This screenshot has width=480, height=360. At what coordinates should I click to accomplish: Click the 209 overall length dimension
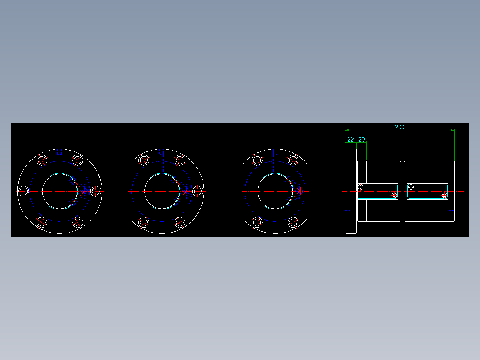pyautogui.click(x=399, y=127)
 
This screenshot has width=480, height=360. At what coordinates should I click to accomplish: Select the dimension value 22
pyautogui.click(x=350, y=139)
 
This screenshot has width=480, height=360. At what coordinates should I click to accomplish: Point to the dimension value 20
pyautogui.click(x=362, y=139)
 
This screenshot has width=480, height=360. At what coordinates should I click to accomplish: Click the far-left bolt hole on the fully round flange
pyautogui.click(x=24, y=191)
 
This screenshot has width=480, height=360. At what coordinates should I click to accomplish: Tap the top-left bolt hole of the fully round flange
pyautogui.click(x=42, y=160)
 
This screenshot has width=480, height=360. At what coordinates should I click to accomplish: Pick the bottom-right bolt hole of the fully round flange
pyautogui.click(x=78, y=222)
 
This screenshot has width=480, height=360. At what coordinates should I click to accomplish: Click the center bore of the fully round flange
pyautogui.click(x=60, y=191)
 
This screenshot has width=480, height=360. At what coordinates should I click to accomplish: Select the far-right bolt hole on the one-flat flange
pyautogui.click(x=197, y=191)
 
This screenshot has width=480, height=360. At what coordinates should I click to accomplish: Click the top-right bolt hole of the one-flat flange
pyautogui.click(x=180, y=160)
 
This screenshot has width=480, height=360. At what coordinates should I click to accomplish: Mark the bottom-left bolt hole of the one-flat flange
pyautogui.click(x=143, y=222)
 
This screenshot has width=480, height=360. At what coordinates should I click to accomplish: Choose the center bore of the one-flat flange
pyautogui.click(x=162, y=191)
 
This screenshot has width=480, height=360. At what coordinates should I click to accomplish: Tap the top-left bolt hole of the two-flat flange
pyautogui.click(x=256, y=160)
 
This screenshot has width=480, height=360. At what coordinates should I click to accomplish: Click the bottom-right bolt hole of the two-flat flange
pyautogui.click(x=293, y=222)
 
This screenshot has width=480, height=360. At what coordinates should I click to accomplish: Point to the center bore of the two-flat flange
pyautogui.click(x=275, y=191)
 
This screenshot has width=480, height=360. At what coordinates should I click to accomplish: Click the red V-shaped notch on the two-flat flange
pyautogui.click(x=297, y=191)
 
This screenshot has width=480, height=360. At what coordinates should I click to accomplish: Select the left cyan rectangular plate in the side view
pyautogui.click(x=378, y=191)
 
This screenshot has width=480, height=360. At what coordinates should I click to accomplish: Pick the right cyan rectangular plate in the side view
pyautogui.click(x=427, y=191)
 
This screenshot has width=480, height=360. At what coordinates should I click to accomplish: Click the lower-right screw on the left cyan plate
pyautogui.click(x=394, y=196)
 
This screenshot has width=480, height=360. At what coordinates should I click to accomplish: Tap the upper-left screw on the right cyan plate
pyautogui.click(x=411, y=187)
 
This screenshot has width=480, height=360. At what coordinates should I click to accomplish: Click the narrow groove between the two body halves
pyautogui.click(x=403, y=191)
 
